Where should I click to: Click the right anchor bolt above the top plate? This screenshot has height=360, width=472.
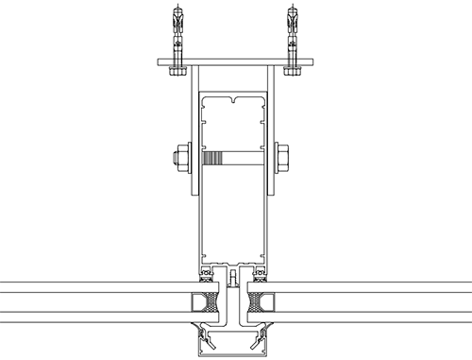(x=295, y=28)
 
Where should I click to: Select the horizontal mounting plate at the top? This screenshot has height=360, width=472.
(x=233, y=64)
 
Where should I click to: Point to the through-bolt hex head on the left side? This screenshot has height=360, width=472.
(x=177, y=158)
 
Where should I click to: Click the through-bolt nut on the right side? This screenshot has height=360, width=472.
(x=281, y=158)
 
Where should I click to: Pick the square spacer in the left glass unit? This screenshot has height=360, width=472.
(x=202, y=304)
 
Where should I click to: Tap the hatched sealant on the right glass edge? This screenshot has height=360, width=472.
(x=251, y=304)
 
